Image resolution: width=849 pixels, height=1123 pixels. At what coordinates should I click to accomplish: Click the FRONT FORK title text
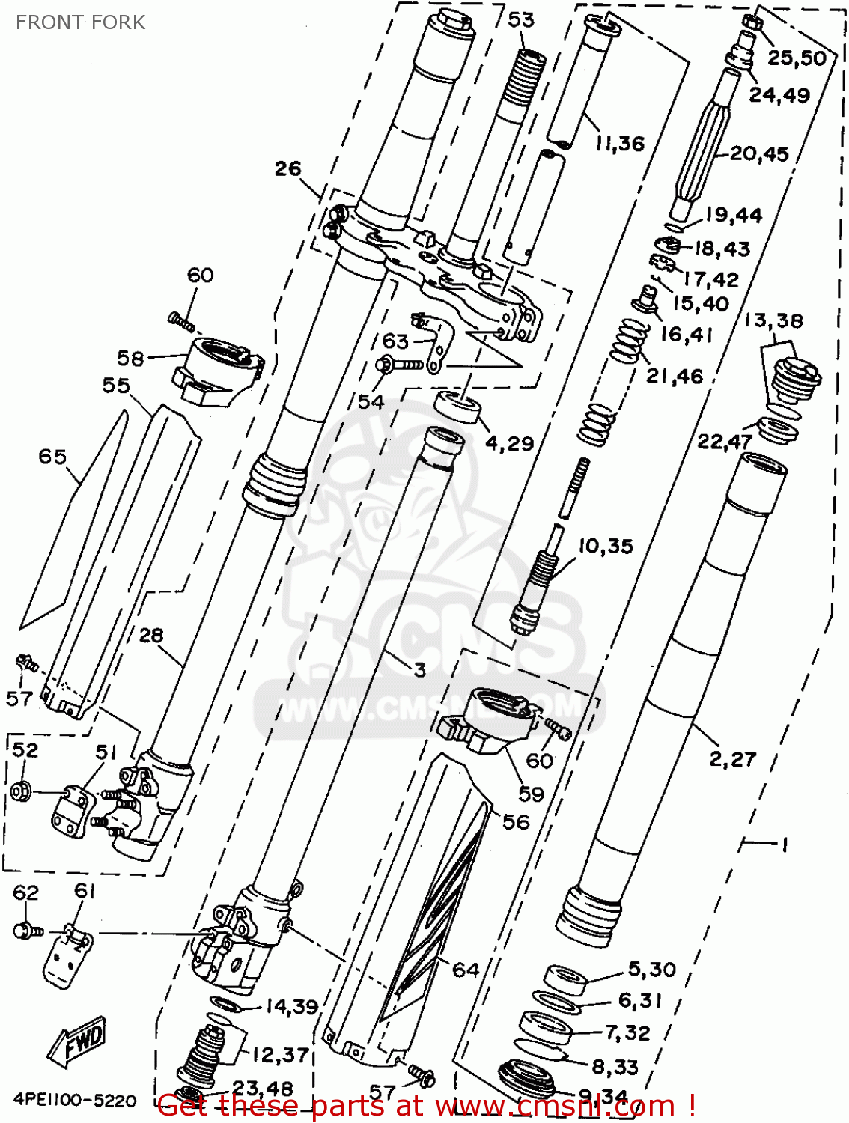80,22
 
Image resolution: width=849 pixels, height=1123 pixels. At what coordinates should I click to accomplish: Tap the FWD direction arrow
77,1041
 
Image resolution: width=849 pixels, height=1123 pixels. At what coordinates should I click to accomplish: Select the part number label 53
521,20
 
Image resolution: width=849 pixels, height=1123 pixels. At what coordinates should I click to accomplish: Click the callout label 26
287,169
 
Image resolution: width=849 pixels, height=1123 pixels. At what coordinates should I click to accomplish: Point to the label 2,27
733,759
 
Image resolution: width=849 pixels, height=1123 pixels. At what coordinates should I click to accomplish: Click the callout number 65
52,457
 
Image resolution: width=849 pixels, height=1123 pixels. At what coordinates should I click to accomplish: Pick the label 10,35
605,547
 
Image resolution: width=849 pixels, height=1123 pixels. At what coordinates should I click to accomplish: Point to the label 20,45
759,154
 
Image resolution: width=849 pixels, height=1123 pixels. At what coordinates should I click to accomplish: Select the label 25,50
797,58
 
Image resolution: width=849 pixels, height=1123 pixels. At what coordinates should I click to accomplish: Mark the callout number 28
150,636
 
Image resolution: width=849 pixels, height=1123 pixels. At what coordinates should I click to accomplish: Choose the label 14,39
291,1007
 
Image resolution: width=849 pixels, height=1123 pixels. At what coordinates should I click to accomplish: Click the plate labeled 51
73,809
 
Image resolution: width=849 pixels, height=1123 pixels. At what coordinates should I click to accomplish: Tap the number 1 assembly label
783,845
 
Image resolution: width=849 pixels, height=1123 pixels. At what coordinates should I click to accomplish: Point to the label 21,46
675,376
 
